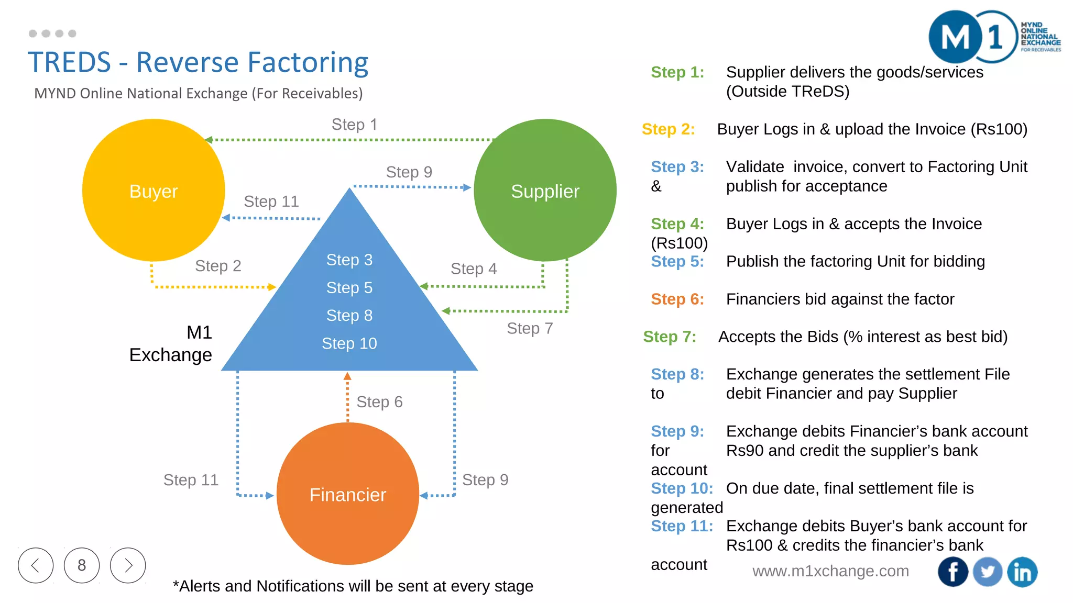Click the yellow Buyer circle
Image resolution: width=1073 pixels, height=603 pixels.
click(154, 191)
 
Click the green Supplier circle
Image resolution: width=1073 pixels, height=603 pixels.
click(545, 191)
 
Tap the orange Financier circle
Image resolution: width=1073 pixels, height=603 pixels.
click(347, 494)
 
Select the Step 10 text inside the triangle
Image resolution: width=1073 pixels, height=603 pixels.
click(349, 343)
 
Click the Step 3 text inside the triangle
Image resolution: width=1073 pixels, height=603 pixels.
click(349, 260)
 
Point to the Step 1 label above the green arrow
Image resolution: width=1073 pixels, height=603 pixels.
click(354, 125)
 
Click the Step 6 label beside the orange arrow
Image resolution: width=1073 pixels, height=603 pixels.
click(379, 401)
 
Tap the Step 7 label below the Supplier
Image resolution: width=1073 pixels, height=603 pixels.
click(530, 328)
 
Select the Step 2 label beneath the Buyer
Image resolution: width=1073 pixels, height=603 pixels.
click(218, 266)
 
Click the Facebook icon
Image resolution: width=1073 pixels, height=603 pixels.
click(952, 572)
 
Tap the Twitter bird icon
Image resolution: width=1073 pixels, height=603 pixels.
click(988, 572)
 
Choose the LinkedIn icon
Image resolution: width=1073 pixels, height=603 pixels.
click(1022, 572)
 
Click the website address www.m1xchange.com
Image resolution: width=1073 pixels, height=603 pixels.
click(830, 571)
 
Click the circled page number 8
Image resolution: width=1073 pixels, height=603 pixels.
click(82, 565)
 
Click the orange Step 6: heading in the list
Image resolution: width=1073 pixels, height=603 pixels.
click(677, 299)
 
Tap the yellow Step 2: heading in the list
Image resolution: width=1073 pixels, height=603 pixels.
click(668, 129)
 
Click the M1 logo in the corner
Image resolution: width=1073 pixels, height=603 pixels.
click(969, 37)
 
